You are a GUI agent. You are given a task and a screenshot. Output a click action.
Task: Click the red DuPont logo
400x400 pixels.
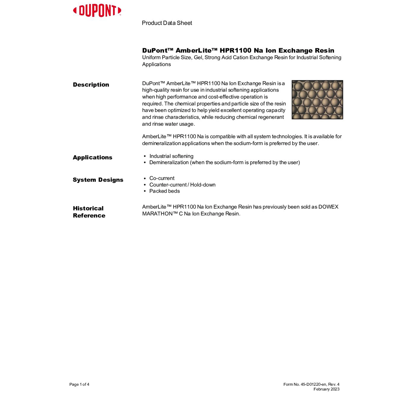97,11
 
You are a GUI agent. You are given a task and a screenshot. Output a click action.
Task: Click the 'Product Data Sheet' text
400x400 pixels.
167,23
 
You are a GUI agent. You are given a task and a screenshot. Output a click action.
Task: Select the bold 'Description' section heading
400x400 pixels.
91,85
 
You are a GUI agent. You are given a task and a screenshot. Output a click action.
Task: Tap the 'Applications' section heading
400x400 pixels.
93,157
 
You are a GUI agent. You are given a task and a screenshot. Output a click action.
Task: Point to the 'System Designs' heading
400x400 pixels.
98,180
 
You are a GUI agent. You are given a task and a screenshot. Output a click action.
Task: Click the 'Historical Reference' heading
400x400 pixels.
89,212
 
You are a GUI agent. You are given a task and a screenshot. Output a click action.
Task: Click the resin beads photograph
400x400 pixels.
317,99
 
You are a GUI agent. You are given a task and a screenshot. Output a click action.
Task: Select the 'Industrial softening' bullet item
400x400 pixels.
171,156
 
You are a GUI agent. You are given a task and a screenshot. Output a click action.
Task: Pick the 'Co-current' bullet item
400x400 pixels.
162,178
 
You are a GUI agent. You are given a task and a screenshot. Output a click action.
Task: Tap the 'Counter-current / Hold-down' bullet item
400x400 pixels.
182,185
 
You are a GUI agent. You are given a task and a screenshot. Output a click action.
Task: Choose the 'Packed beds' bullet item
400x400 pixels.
164,191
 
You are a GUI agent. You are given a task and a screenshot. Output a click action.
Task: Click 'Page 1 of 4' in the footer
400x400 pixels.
79,384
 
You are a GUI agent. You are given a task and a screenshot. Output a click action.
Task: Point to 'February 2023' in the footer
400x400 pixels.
326,389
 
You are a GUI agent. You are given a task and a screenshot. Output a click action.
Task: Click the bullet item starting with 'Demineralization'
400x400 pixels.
224,162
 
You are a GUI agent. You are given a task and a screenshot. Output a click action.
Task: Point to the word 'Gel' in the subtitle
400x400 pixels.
198,57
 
